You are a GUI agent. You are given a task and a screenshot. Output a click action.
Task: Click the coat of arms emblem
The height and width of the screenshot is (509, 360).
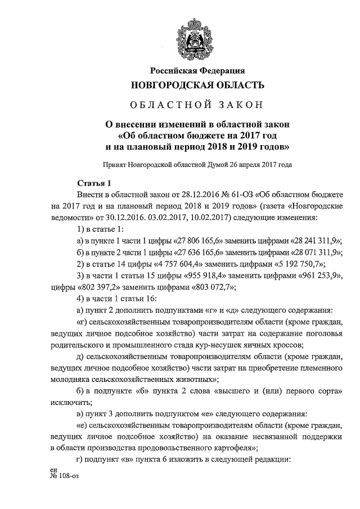[197, 38]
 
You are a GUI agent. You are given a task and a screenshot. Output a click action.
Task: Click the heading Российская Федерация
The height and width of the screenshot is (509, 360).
[197, 70]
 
